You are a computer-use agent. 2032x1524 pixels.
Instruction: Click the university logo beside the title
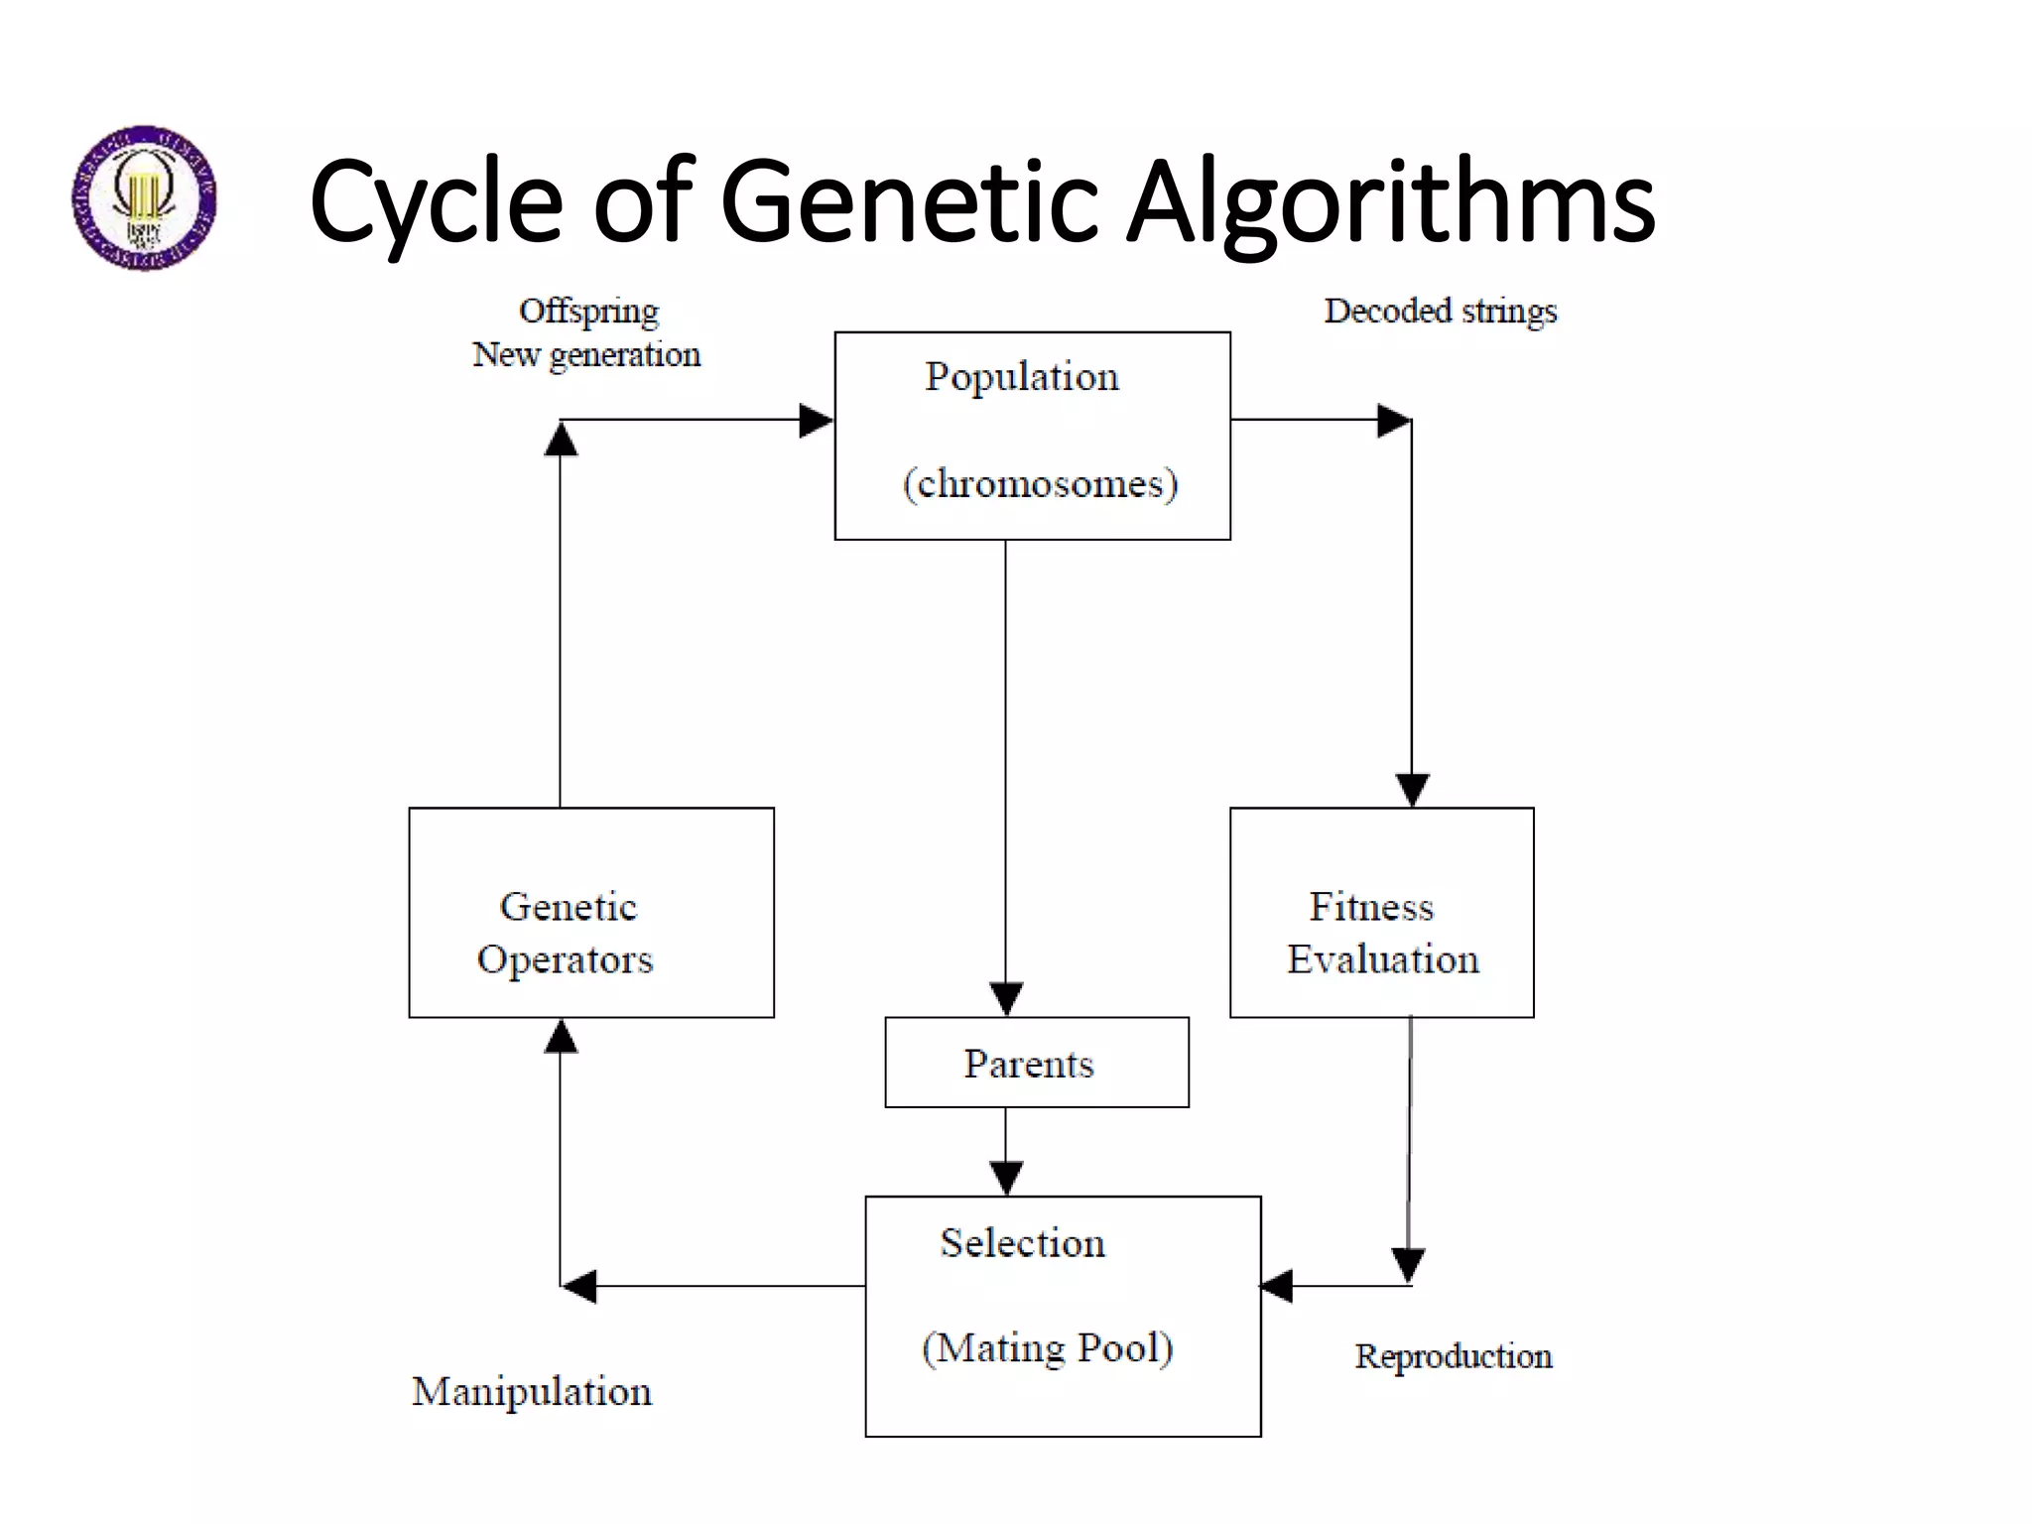click(x=144, y=197)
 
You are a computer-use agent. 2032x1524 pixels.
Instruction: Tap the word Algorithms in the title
click(x=1390, y=203)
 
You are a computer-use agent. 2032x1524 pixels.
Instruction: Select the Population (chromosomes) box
click(x=1032, y=436)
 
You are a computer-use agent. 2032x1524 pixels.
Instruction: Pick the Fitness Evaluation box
click(x=1381, y=912)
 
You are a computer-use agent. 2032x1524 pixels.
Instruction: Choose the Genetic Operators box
click(x=591, y=912)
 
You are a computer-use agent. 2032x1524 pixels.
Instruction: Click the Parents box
click(x=1036, y=1063)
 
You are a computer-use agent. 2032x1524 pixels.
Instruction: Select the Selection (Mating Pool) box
click(x=1063, y=1316)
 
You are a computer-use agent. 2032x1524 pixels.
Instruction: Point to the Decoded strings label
click(x=1440, y=311)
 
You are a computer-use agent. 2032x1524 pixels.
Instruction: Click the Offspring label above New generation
click(x=588, y=311)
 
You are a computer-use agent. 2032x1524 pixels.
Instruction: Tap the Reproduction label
click(x=1453, y=1356)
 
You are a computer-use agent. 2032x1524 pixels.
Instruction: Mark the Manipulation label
click(x=532, y=1391)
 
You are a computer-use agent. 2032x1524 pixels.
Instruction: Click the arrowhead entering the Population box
click(x=816, y=420)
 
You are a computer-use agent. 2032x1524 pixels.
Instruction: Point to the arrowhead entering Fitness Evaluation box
click(x=1412, y=790)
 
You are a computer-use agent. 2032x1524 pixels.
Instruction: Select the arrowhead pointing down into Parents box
click(x=1006, y=998)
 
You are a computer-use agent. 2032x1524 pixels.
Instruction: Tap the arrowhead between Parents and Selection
click(x=1006, y=1178)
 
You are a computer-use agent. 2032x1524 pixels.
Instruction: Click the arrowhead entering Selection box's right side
click(x=1277, y=1286)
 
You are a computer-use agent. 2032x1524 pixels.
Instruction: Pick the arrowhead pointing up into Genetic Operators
click(x=561, y=1036)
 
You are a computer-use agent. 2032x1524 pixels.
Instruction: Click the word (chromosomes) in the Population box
click(x=1040, y=484)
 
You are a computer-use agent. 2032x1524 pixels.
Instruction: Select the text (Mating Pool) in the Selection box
click(x=1048, y=1348)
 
